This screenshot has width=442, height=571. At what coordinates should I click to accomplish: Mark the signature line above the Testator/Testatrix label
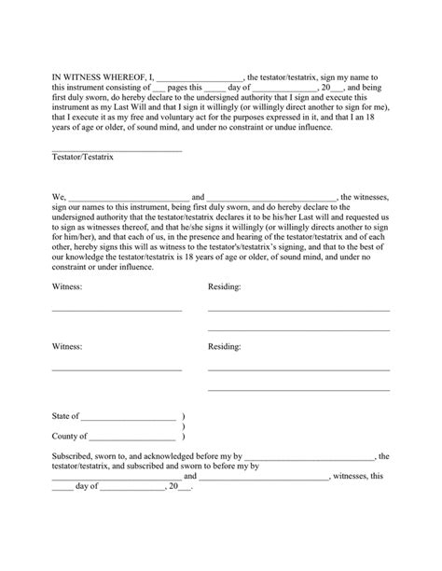[117, 150]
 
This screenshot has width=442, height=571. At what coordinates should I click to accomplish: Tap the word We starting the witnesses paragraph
[58, 198]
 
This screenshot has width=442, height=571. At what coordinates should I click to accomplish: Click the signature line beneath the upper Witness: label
[117, 310]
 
